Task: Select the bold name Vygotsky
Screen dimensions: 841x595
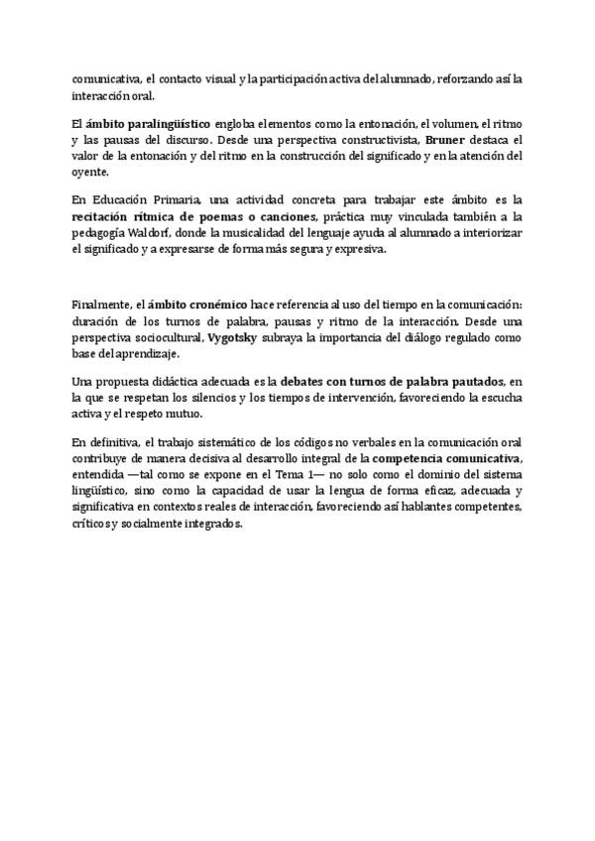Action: pyautogui.click(x=232, y=337)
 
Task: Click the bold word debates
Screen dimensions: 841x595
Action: pyautogui.click(x=308, y=383)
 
